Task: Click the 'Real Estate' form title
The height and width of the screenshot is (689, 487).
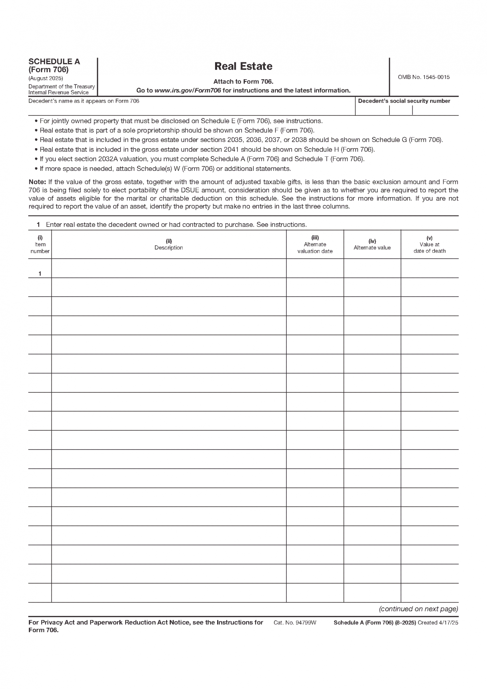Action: point(243,66)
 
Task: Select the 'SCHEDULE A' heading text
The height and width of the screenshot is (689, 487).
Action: point(54,62)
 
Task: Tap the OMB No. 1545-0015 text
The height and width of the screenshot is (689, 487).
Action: point(424,77)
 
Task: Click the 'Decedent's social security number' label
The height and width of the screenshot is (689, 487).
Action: point(404,101)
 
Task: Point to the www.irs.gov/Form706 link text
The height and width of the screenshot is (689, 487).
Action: point(187,91)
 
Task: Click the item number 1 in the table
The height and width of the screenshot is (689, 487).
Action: point(40,274)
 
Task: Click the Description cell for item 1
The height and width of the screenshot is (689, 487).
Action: point(169,268)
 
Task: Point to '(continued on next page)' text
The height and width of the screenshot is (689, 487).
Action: point(418,609)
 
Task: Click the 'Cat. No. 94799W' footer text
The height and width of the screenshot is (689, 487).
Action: point(295,623)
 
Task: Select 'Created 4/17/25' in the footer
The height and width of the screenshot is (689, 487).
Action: point(438,623)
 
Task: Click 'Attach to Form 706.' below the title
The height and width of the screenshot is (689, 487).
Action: point(243,82)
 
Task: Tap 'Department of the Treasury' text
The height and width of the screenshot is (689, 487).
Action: point(62,86)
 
